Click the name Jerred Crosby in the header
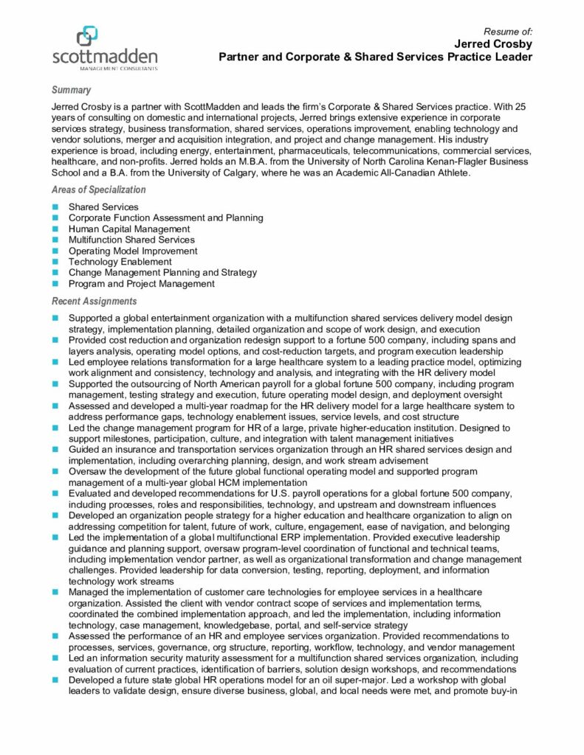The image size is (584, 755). click(x=493, y=44)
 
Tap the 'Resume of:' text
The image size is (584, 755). click(x=508, y=31)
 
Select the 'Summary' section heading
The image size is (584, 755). click(x=71, y=90)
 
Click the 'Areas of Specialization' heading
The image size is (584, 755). click(x=98, y=189)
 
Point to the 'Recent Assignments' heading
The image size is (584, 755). click(x=94, y=301)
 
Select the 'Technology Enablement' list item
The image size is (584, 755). click(x=120, y=261)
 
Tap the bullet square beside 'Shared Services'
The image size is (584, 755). click(x=55, y=207)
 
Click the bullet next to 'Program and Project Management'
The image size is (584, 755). click(x=55, y=284)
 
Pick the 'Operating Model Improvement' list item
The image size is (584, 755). click(x=133, y=251)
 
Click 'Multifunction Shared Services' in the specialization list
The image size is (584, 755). click(x=131, y=240)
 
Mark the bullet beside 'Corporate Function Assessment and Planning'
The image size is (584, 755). click(x=55, y=218)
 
